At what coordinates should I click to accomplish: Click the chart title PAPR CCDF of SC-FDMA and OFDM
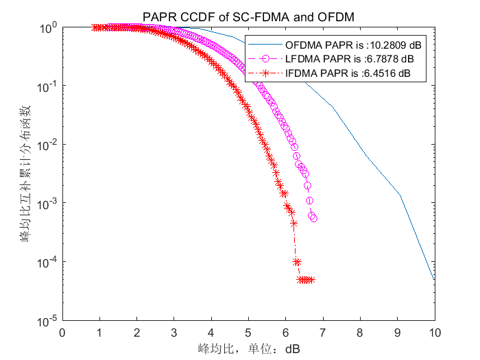(x=248, y=16)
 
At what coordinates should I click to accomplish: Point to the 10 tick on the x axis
(x=435, y=333)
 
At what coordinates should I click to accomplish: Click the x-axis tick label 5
(x=248, y=333)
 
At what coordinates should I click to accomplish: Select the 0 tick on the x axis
(x=62, y=333)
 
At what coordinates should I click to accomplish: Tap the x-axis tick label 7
(x=323, y=333)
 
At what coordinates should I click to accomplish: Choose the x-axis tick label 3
(x=174, y=333)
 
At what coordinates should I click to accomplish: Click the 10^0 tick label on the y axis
(x=48, y=29)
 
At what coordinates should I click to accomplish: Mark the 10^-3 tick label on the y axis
(x=48, y=204)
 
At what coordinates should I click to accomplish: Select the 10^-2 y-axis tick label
(x=48, y=145)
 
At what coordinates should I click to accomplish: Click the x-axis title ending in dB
(x=248, y=348)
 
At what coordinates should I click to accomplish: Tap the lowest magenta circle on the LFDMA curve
(x=313, y=218)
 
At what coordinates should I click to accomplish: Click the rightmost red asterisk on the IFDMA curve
(x=311, y=280)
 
